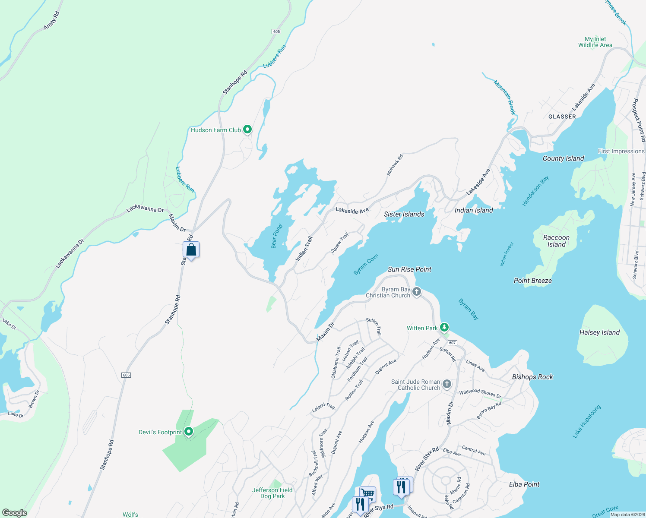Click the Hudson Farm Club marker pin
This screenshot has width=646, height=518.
pos(247,129)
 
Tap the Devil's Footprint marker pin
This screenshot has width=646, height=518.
pos(188,431)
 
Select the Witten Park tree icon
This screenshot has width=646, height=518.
pos(444,328)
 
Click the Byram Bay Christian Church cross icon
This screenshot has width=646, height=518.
pos(417,292)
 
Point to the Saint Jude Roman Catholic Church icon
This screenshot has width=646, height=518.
pos(447,384)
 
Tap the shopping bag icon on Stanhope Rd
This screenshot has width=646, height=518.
pos(191,250)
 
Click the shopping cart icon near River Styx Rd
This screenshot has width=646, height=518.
pos(367,493)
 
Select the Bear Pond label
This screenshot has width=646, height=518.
pos(276,236)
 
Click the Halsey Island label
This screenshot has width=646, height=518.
pos(599,332)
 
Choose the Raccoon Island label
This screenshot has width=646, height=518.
pos(556,241)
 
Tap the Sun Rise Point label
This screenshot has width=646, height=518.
pos(409,269)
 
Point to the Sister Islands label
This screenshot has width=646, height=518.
pos(404,214)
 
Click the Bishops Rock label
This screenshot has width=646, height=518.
pos(532,377)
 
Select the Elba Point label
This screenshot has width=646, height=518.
pos(524,484)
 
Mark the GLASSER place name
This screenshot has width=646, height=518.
pos(562,117)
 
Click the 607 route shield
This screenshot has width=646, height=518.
pos(452,343)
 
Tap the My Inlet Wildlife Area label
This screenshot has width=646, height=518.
pos(595,42)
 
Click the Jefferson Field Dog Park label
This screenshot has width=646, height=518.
pos(272,493)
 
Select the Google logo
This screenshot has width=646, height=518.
pos(15,513)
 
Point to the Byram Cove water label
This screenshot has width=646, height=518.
pos(366,264)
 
